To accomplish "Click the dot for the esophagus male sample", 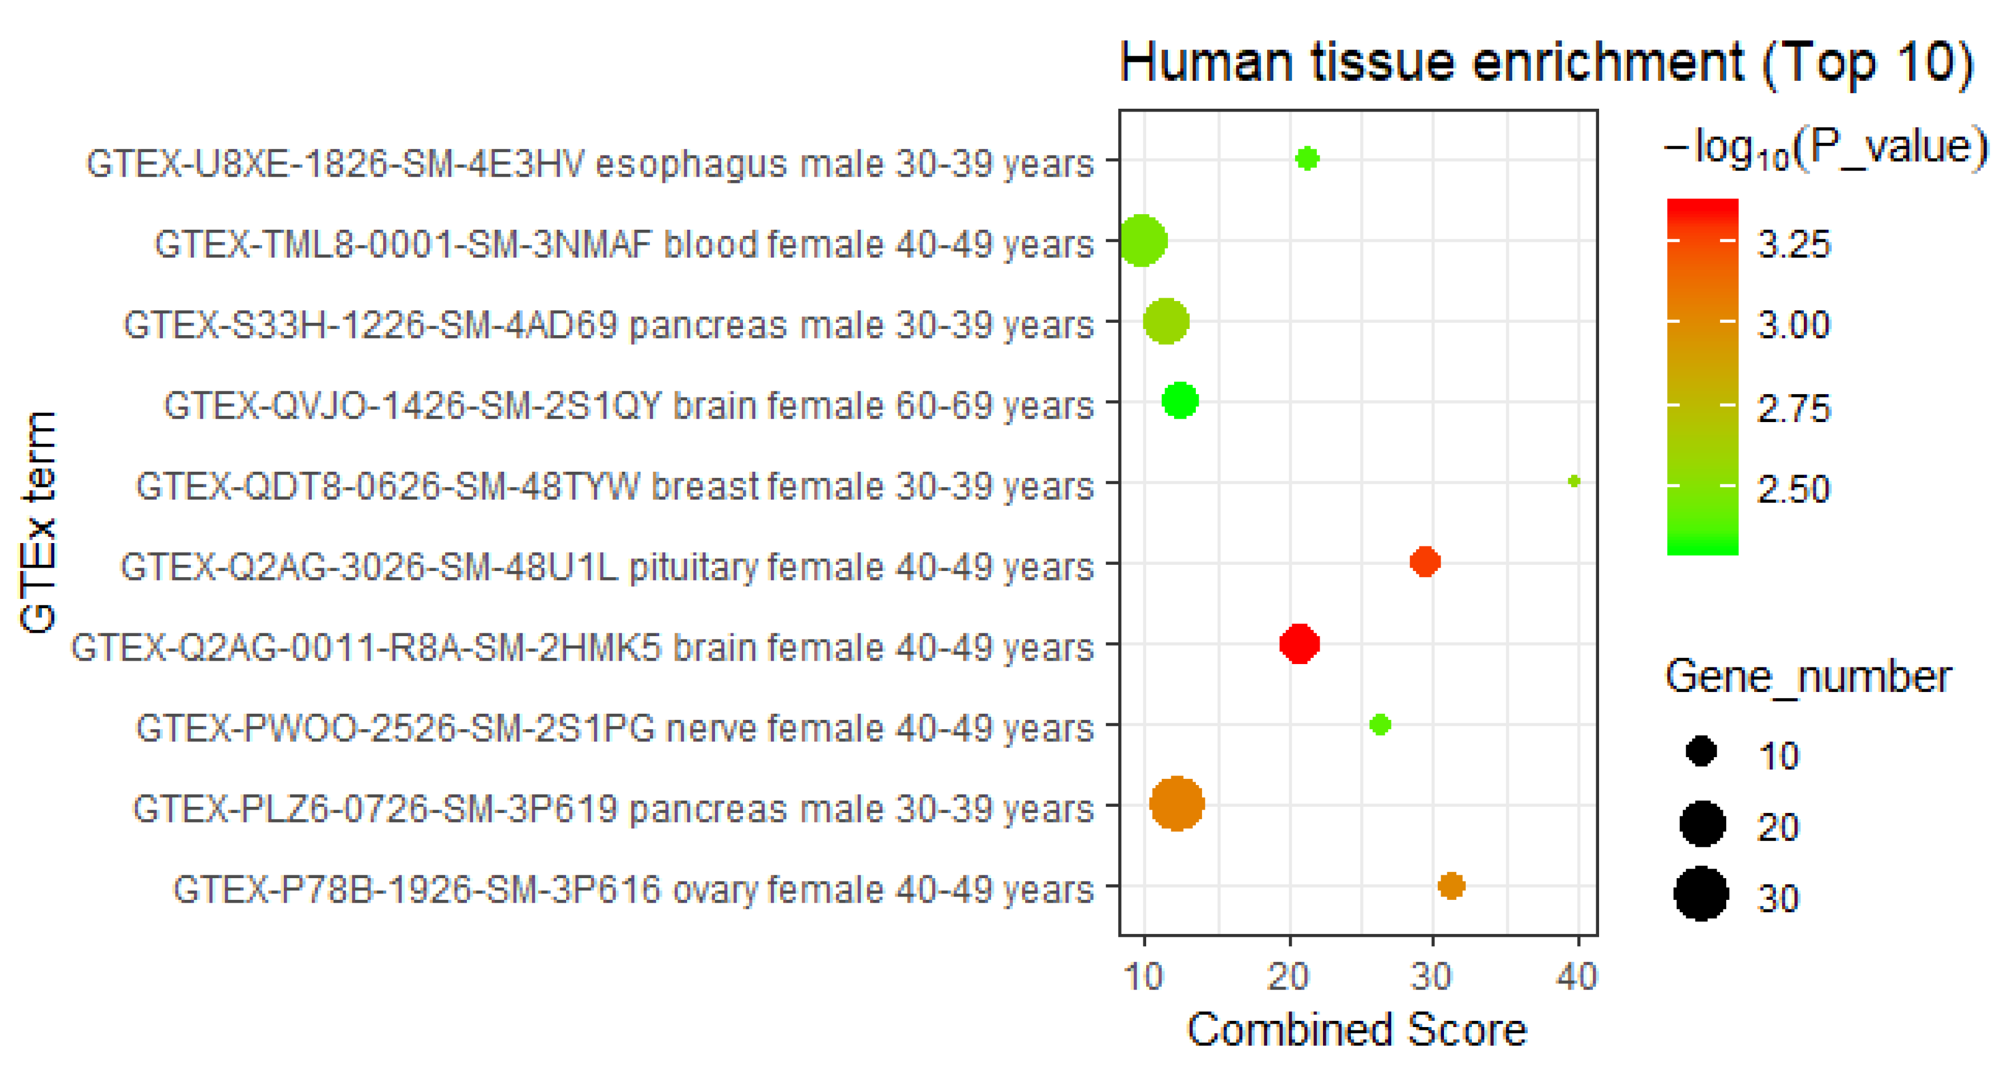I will point(1307,159).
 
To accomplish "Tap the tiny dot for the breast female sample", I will point(1574,482).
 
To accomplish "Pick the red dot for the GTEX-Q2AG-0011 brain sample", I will point(1299,643).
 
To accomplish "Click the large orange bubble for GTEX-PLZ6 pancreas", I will point(1177,804).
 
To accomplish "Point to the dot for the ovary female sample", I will point(1451,885).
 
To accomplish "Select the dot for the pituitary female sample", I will point(1425,561).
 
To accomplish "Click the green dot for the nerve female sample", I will point(1380,725).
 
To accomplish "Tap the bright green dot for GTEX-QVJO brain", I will point(1180,401).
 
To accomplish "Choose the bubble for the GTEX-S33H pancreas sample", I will point(1166,321).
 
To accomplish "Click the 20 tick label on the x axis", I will point(1289,976).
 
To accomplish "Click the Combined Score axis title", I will point(1356,1030).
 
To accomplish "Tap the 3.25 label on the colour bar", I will point(1793,244).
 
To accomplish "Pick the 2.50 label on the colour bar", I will point(1793,489).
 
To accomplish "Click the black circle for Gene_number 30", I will point(1701,894).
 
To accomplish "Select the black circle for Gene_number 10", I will point(1701,751).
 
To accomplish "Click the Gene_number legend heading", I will point(1808,676).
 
